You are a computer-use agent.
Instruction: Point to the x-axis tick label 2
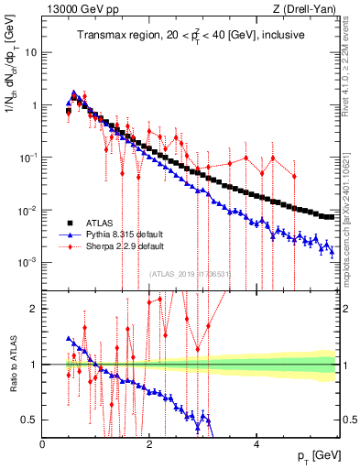pyautogui.click(x=149, y=443)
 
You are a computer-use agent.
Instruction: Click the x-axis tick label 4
pyautogui.click(x=256, y=443)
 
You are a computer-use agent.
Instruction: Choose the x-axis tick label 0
pyautogui.click(x=43, y=443)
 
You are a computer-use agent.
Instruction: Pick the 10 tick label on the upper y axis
pyautogui.click(x=30, y=52)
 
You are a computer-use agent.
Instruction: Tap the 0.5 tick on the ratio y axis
pyautogui.click(x=31, y=420)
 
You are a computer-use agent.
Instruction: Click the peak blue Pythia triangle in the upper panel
pyautogui.click(x=74, y=93)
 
